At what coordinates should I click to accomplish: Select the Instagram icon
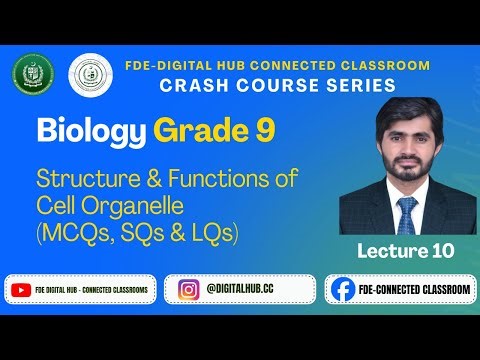pyautogui.click(x=188, y=289)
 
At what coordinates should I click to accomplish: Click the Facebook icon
pyautogui.click(x=343, y=289)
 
